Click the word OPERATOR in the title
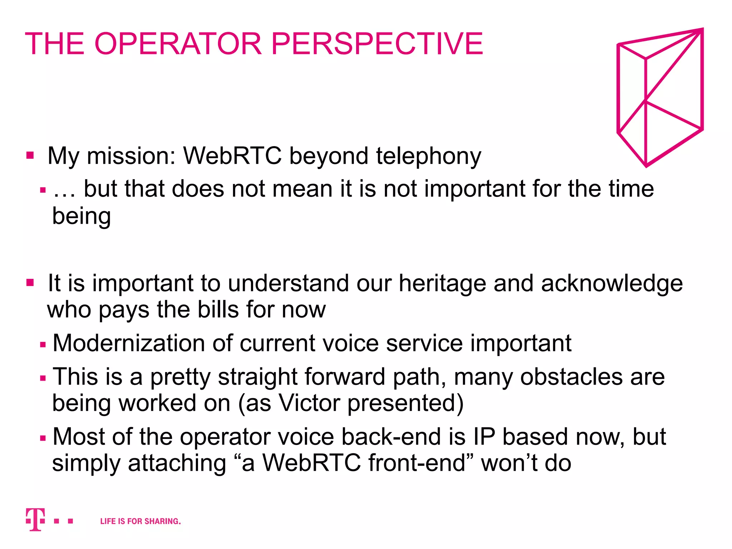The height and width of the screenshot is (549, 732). pos(178,44)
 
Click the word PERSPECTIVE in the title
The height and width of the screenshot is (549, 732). pos(377,44)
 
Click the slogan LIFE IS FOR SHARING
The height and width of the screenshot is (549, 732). pos(140,521)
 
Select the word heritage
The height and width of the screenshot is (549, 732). pos(442,283)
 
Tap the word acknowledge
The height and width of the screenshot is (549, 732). pos(612,283)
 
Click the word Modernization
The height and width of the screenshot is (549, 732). pos(129,343)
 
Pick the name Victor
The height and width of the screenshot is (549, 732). pos(309,403)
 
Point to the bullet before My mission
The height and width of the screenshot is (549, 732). pos(30,155)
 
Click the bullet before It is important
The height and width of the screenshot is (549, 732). pos(30,283)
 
